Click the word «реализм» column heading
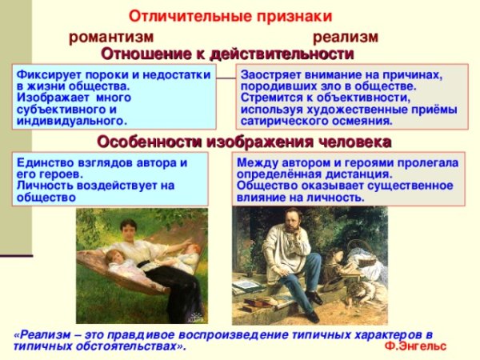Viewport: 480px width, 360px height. (x=345, y=38)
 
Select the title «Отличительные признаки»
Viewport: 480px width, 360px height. (x=230, y=16)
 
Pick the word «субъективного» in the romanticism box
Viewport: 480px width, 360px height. (x=57, y=109)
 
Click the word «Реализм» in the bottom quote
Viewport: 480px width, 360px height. (x=43, y=334)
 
